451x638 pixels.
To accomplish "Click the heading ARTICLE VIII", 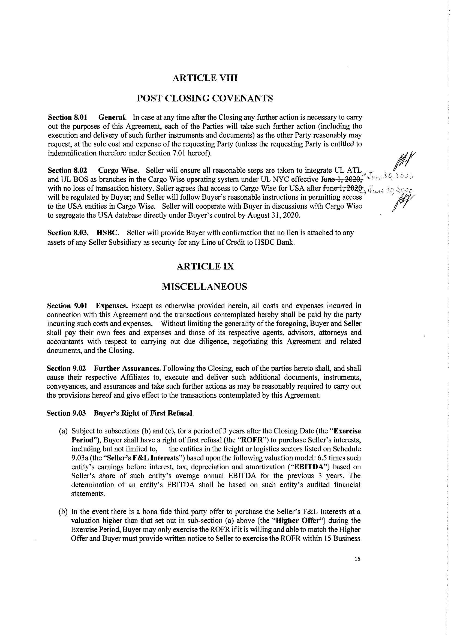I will tap(205, 78).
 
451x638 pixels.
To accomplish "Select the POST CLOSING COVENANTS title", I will tap(205, 98).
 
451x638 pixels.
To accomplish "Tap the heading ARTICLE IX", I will tap(205, 266).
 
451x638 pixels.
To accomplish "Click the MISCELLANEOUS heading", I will tap(204, 286).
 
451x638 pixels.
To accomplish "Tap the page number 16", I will tap(357, 559).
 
